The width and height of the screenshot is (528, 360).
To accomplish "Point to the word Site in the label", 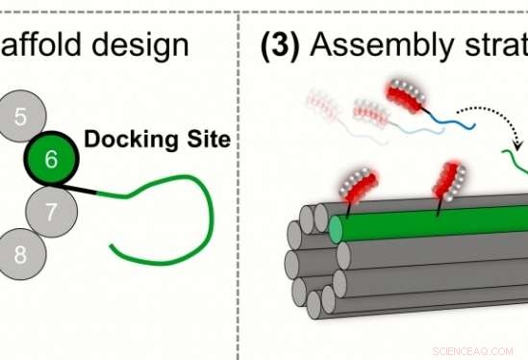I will click(203, 140).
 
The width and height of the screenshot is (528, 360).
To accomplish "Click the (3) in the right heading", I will click(286, 46).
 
